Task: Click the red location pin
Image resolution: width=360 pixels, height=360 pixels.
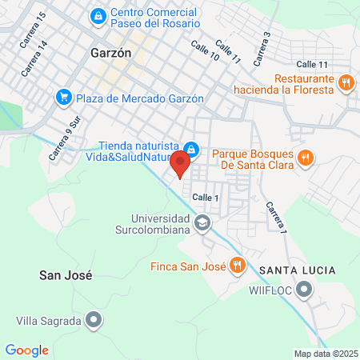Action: (x=180, y=163)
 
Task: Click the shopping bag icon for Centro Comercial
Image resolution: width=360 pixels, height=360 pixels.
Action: (x=98, y=15)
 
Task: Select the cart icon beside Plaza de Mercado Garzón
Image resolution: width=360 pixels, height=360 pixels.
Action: (x=63, y=97)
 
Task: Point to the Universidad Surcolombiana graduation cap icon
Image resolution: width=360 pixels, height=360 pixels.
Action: (x=202, y=222)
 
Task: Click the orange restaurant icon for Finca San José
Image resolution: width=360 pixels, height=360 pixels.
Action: (x=237, y=265)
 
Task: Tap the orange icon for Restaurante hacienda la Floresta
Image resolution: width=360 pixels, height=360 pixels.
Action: (x=346, y=82)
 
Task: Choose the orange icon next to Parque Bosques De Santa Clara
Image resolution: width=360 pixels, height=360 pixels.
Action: (x=305, y=158)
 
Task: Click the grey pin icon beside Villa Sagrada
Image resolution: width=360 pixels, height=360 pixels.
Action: (x=94, y=321)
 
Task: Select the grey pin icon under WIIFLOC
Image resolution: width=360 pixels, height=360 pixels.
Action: (x=304, y=289)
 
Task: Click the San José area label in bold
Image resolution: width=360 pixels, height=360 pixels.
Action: (x=66, y=274)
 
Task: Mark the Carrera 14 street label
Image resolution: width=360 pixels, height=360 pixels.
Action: (x=35, y=58)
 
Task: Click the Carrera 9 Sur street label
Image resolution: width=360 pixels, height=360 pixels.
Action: (x=66, y=137)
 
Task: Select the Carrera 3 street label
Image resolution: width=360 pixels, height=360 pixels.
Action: (x=262, y=50)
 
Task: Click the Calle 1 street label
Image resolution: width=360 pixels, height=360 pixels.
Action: (x=206, y=197)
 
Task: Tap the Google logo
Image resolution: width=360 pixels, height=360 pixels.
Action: (x=27, y=350)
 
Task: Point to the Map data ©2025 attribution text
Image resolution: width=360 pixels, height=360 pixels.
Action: (x=324, y=354)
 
